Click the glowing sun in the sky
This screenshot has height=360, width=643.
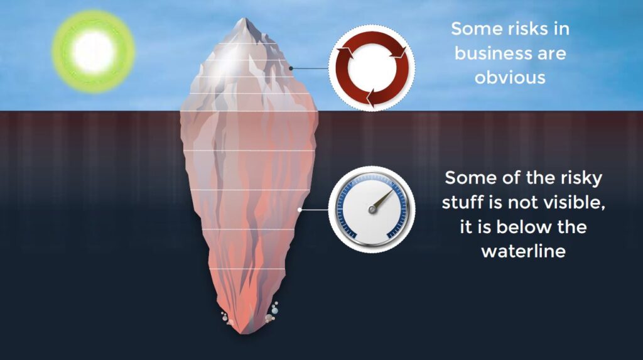(93, 52)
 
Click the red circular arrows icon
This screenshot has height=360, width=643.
(372, 70)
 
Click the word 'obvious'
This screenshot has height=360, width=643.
(509, 77)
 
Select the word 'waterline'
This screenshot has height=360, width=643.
(524, 251)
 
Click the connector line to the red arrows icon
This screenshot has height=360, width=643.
(309, 68)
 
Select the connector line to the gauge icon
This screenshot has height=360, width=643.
(316, 209)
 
